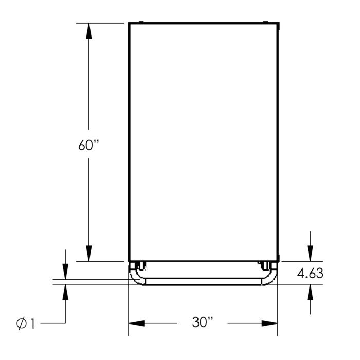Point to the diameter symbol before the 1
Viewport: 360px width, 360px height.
click(x=21, y=324)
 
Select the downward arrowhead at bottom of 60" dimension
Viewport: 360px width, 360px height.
click(x=89, y=253)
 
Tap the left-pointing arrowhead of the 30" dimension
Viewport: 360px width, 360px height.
click(x=137, y=323)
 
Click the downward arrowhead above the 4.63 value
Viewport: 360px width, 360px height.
click(x=310, y=253)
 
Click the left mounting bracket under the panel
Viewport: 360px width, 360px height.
click(x=139, y=266)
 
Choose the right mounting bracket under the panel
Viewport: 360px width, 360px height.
click(x=266, y=266)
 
